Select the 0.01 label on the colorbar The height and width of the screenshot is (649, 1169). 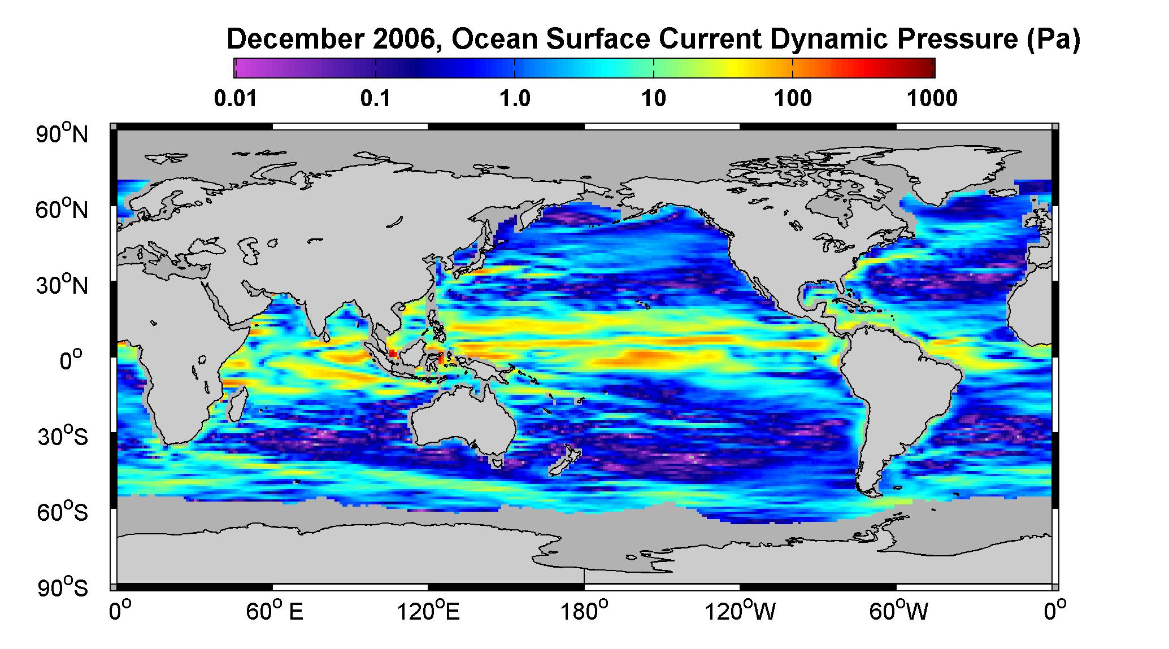236,99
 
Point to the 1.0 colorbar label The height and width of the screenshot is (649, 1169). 515,99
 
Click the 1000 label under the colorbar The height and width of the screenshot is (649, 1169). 932,99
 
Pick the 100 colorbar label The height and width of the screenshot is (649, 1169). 793,99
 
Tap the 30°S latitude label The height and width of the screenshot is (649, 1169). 62,436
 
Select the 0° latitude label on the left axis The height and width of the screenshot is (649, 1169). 72,360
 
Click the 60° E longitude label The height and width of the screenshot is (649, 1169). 274,611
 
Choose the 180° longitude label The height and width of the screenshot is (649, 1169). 583,611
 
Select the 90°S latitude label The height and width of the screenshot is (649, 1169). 62,588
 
